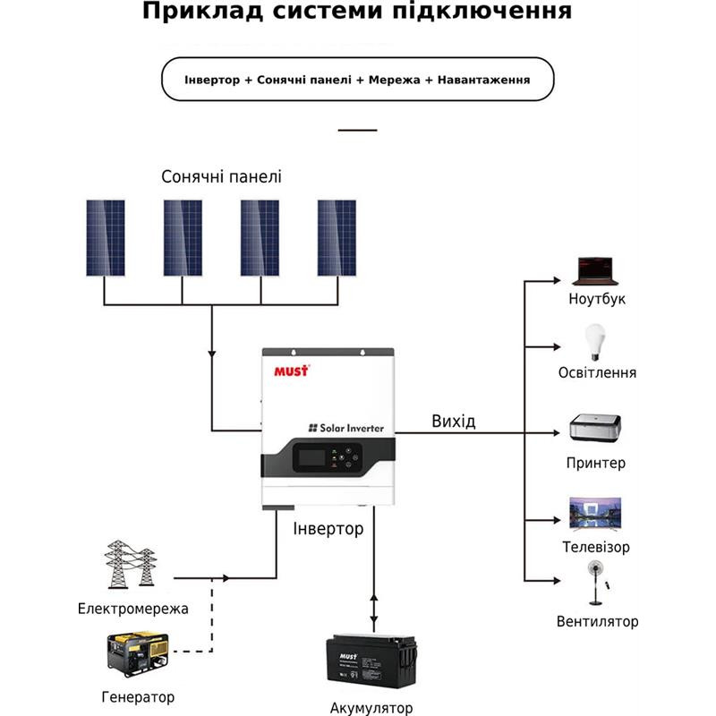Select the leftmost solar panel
click(x=106, y=237)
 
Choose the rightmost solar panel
click(x=337, y=237)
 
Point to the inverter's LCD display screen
click(x=307, y=459)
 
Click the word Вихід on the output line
click(x=453, y=422)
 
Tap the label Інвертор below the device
click(x=328, y=529)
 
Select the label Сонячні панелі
click(x=221, y=176)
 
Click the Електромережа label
click(x=132, y=609)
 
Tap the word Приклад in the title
click(x=192, y=13)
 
